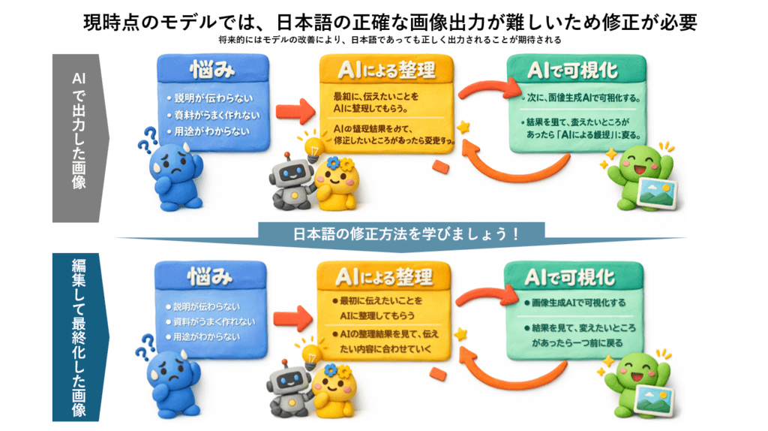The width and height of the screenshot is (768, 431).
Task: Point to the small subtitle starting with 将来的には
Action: click(x=383, y=40)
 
